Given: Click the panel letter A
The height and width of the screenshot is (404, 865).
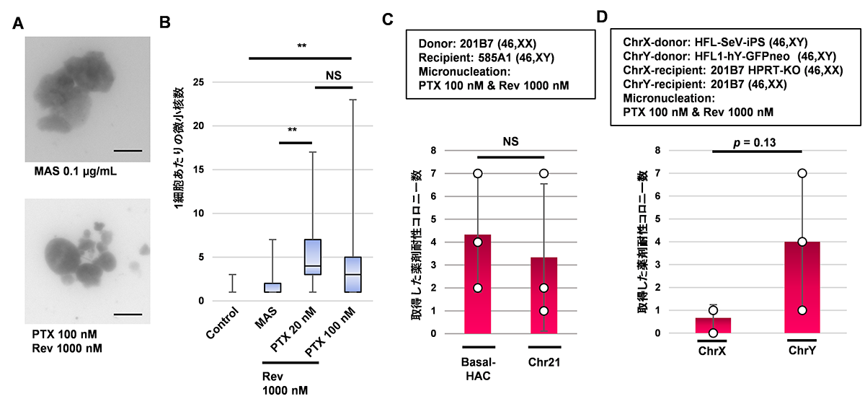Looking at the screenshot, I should [19, 23].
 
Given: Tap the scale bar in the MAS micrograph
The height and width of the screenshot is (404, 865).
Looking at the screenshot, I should [128, 151].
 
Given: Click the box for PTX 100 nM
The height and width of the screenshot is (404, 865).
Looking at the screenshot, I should [351, 274].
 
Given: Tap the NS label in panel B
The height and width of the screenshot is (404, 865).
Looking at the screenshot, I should [334, 74].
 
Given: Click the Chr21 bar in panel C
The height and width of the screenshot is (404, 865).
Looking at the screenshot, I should [543, 295].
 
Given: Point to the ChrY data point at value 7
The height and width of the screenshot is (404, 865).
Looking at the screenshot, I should [802, 173].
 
